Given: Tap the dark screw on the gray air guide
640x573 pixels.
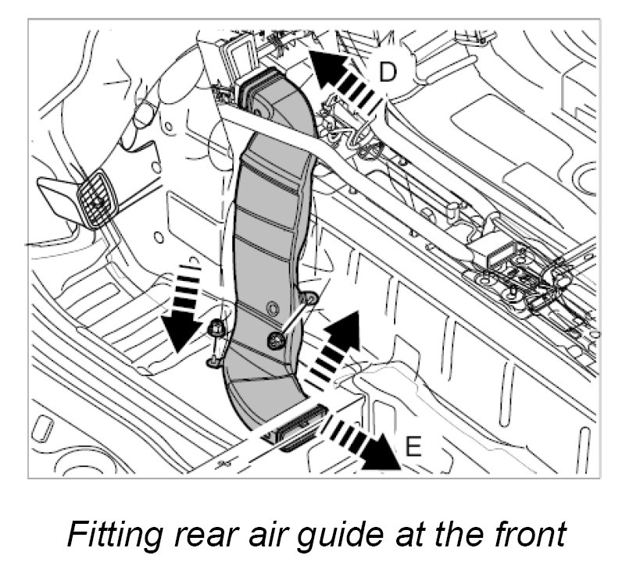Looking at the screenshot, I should click(276, 338).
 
